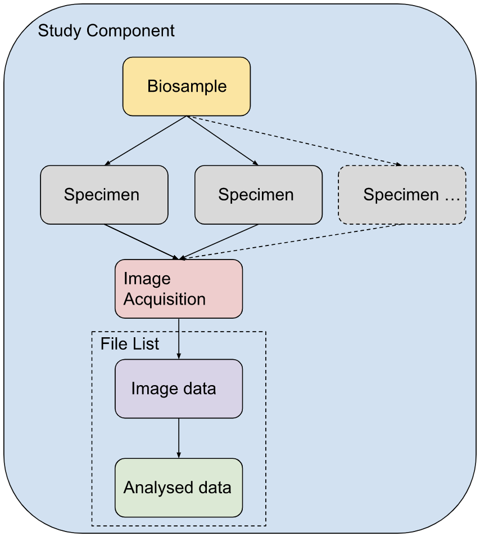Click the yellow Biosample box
coord(187,87)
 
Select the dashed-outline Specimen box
coord(401,195)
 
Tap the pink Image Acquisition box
coord(179,289)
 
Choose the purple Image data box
coord(179,388)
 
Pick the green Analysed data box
coord(179,488)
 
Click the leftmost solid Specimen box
coord(104,195)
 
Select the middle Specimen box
coord(259,195)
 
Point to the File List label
coord(130,343)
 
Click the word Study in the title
coord(58,30)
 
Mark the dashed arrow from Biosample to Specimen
coord(295,141)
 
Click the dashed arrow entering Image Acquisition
coord(292,242)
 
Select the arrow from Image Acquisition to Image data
coord(179,338)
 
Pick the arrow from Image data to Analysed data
coord(179,438)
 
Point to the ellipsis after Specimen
coord(452,195)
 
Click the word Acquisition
coord(165,299)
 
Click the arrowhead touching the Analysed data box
coord(179,455)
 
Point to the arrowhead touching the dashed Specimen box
coord(399,164)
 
